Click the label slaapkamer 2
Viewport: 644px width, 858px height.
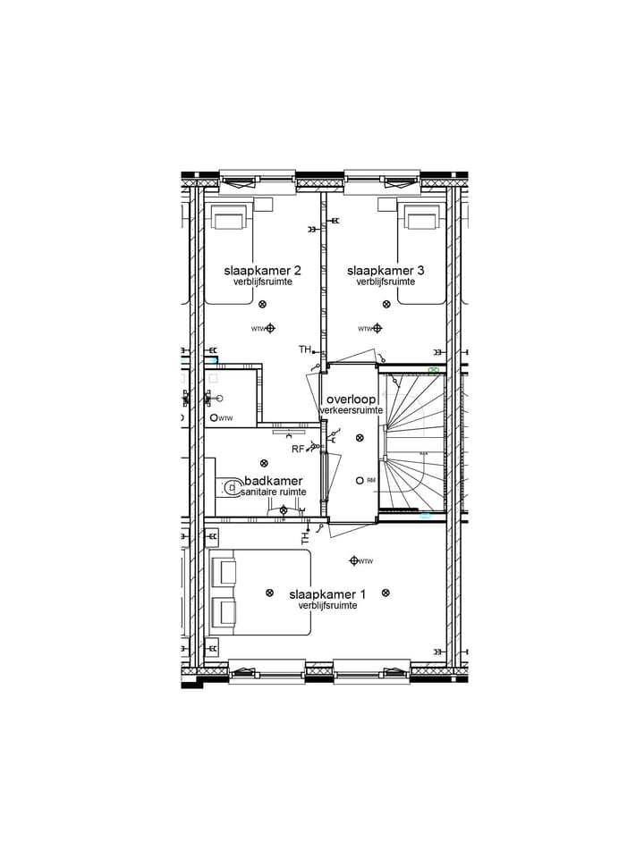tap(262, 270)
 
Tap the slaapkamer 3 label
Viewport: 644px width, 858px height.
tap(386, 270)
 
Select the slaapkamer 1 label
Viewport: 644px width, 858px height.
tap(328, 593)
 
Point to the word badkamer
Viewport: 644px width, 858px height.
tap(273, 481)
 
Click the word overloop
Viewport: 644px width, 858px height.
tap(351, 399)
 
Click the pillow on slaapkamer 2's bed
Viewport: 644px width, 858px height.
tap(229, 219)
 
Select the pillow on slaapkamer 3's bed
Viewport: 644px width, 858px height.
tap(421, 219)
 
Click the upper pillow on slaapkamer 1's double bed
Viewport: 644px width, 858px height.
tap(223, 571)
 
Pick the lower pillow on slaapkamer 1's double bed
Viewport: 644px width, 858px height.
tap(223, 612)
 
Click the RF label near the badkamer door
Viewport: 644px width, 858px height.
tap(297, 449)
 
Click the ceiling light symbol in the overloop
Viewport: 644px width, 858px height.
tap(360, 438)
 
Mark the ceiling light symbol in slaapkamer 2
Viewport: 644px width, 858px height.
tap(262, 305)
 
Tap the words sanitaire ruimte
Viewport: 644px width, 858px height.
tap(273, 492)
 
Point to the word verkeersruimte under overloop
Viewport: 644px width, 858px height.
tap(352, 410)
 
